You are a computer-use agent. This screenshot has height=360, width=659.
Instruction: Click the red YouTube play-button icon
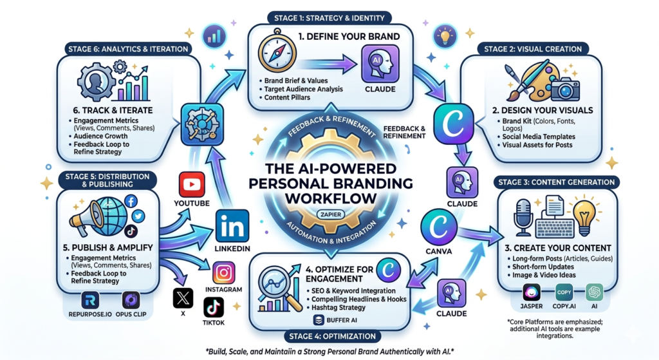coord(192,184)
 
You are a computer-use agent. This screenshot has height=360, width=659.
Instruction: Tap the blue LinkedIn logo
coord(232,226)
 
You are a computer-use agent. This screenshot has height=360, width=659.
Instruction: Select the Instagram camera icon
coord(223,273)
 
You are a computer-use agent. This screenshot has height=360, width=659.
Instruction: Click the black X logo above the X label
coord(183,298)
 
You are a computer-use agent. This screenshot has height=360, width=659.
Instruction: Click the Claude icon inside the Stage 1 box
coord(380,64)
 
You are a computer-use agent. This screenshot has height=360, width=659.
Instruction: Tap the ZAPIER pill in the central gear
coord(331,214)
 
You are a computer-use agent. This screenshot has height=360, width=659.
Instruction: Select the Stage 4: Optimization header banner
coord(332,336)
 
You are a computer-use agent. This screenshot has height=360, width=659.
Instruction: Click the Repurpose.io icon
coord(90,300)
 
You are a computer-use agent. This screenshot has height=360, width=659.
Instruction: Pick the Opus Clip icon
coord(131,300)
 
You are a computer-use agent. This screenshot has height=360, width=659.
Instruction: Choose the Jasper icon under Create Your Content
coord(531,292)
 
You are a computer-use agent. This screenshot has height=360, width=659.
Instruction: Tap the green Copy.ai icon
coord(564,292)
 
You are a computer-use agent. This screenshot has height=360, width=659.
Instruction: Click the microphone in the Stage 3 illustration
coord(524,218)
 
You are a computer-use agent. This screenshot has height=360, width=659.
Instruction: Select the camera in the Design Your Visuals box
coord(565,89)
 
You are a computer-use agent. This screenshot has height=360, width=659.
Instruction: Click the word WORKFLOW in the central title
coord(331,198)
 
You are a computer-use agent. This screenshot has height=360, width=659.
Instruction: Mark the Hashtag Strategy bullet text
coord(339,307)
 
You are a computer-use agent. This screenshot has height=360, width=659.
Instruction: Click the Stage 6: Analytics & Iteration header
coord(128,49)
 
